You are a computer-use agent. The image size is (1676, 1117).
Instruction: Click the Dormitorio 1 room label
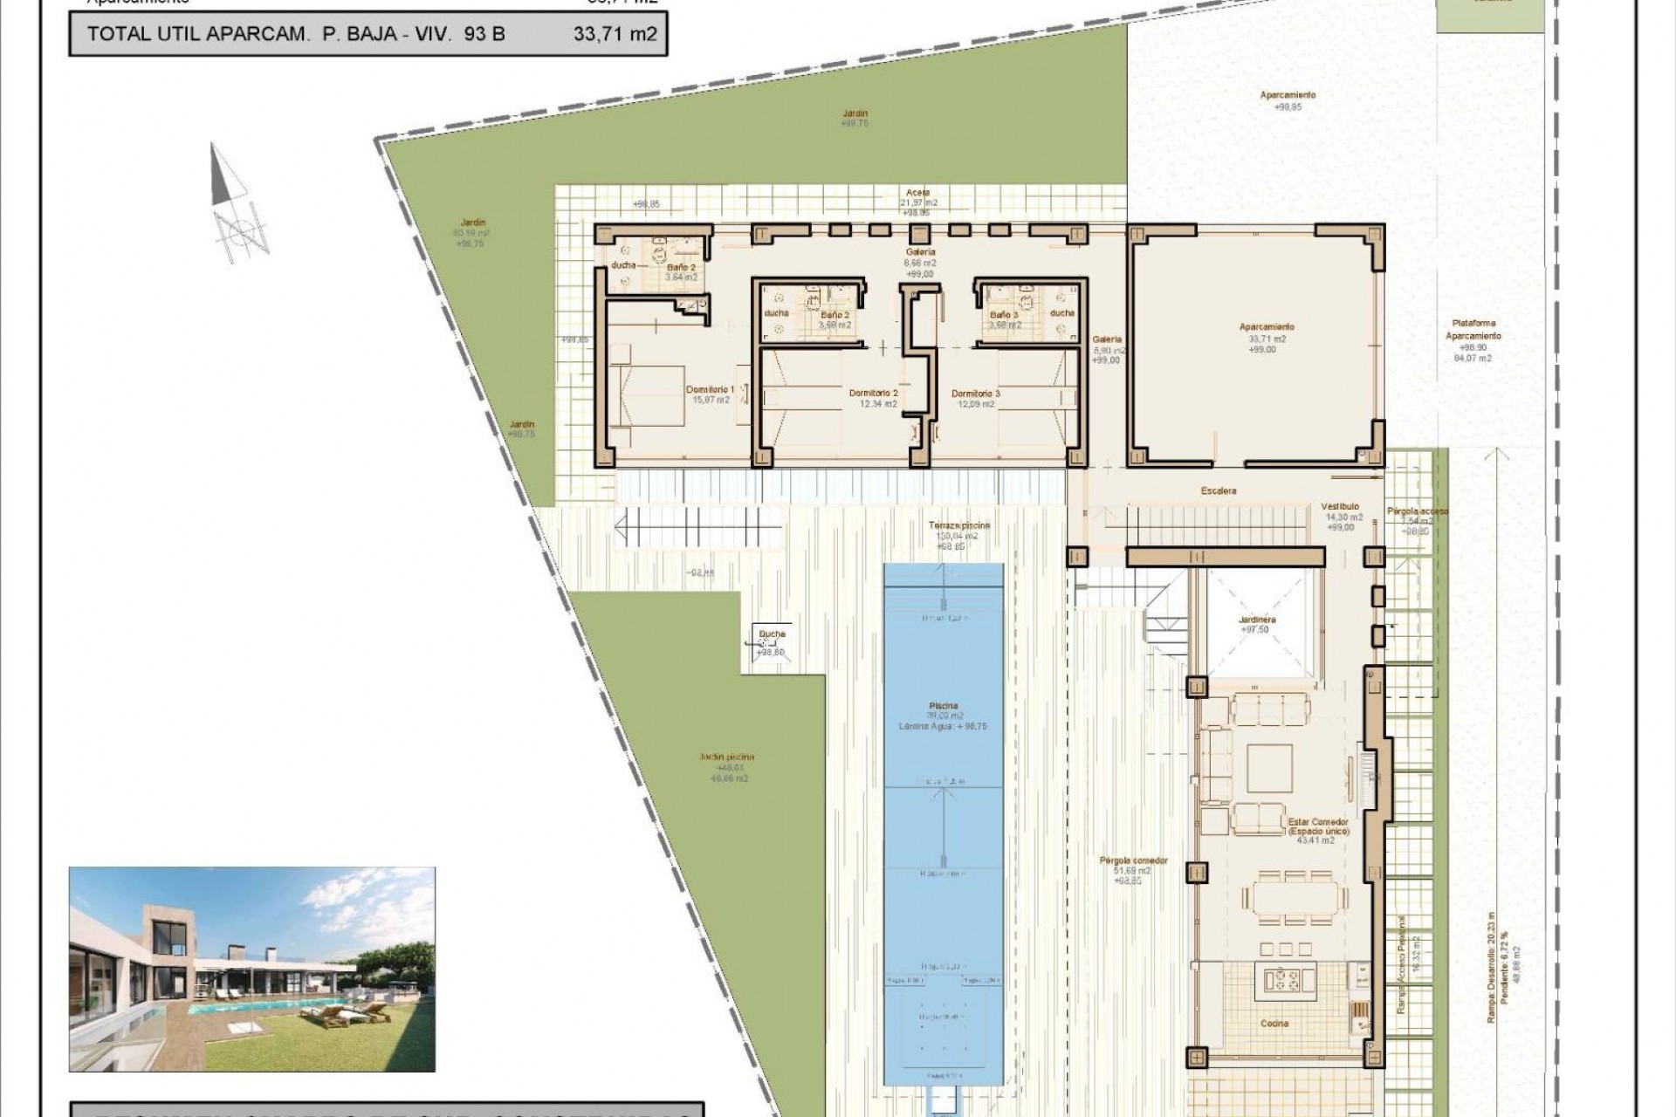click(x=709, y=390)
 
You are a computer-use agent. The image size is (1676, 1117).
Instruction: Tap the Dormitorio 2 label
click(x=873, y=394)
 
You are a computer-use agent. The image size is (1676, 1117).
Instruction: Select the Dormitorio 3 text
click(x=975, y=394)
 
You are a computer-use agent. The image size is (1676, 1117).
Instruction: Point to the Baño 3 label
click(x=1004, y=315)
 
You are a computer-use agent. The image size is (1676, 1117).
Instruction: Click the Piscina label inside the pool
click(x=943, y=706)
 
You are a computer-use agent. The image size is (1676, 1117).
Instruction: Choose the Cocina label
click(x=1274, y=1023)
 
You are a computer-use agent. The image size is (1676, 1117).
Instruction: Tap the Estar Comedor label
click(x=1318, y=822)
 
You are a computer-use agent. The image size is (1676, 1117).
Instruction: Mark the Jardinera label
click(x=1256, y=620)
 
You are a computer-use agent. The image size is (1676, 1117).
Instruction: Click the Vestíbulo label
click(x=1339, y=506)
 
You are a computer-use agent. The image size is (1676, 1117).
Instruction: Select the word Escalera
click(x=1218, y=491)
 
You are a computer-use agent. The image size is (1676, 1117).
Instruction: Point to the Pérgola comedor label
click(x=1133, y=860)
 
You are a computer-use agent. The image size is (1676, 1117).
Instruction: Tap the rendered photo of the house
click(x=251, y=969)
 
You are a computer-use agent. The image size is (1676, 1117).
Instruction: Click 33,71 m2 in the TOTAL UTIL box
click(x=615, y=35)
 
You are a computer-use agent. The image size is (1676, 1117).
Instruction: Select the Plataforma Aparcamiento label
click(x=1473, y=330)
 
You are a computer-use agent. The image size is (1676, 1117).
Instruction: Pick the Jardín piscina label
click(x=726, y=757)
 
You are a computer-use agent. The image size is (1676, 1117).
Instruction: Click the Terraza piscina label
click(x=958, y=526)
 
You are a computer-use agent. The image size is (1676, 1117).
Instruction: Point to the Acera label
click(x=917, y=193)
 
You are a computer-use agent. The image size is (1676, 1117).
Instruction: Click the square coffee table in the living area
click(x=1268, y=768)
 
